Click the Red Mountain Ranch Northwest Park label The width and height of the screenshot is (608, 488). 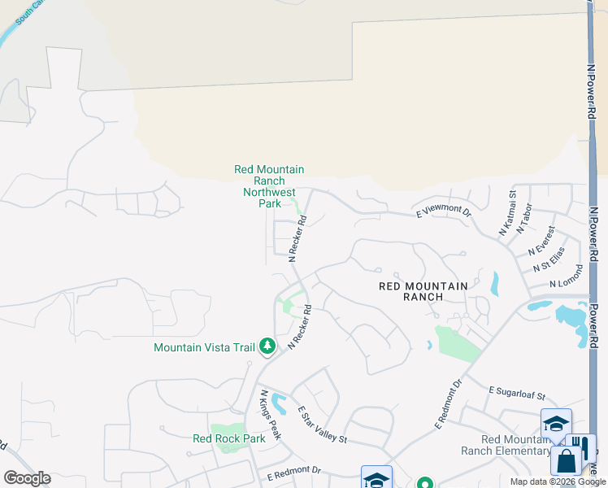269,186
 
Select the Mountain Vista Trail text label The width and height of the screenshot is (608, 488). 205,347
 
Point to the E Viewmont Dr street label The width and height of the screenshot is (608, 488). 444,211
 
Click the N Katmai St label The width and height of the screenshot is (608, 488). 507,213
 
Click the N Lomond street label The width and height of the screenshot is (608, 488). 567,277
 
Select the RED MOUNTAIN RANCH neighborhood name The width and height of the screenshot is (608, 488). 423,291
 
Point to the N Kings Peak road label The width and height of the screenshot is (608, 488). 270,415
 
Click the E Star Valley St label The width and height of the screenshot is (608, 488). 322,425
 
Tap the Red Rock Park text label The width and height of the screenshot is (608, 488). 229,438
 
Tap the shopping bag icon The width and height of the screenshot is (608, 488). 566,460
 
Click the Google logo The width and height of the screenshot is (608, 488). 27,478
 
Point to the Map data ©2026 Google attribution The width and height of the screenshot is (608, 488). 558,481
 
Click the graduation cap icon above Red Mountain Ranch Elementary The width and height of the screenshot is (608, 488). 556,424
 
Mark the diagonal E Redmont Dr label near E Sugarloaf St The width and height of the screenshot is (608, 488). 448,404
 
